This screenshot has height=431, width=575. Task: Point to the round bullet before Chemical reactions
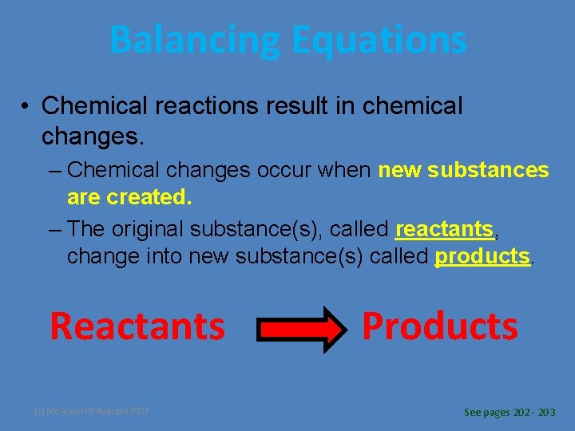[x=26, y=107]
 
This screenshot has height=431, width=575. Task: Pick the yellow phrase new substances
[x=463, y=170]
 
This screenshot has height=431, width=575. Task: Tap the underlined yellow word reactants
[x=445, y=230]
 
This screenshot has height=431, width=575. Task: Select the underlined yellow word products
[x=482, y=256]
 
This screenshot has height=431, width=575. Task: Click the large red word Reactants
[x=137, y=326]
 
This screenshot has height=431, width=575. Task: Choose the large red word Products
[x=440, y=326]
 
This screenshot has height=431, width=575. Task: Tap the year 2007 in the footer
[x=137, y=412]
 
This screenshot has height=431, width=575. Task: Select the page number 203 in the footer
[x=547, y=413]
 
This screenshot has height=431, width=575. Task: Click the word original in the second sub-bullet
[x=148, y=230]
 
